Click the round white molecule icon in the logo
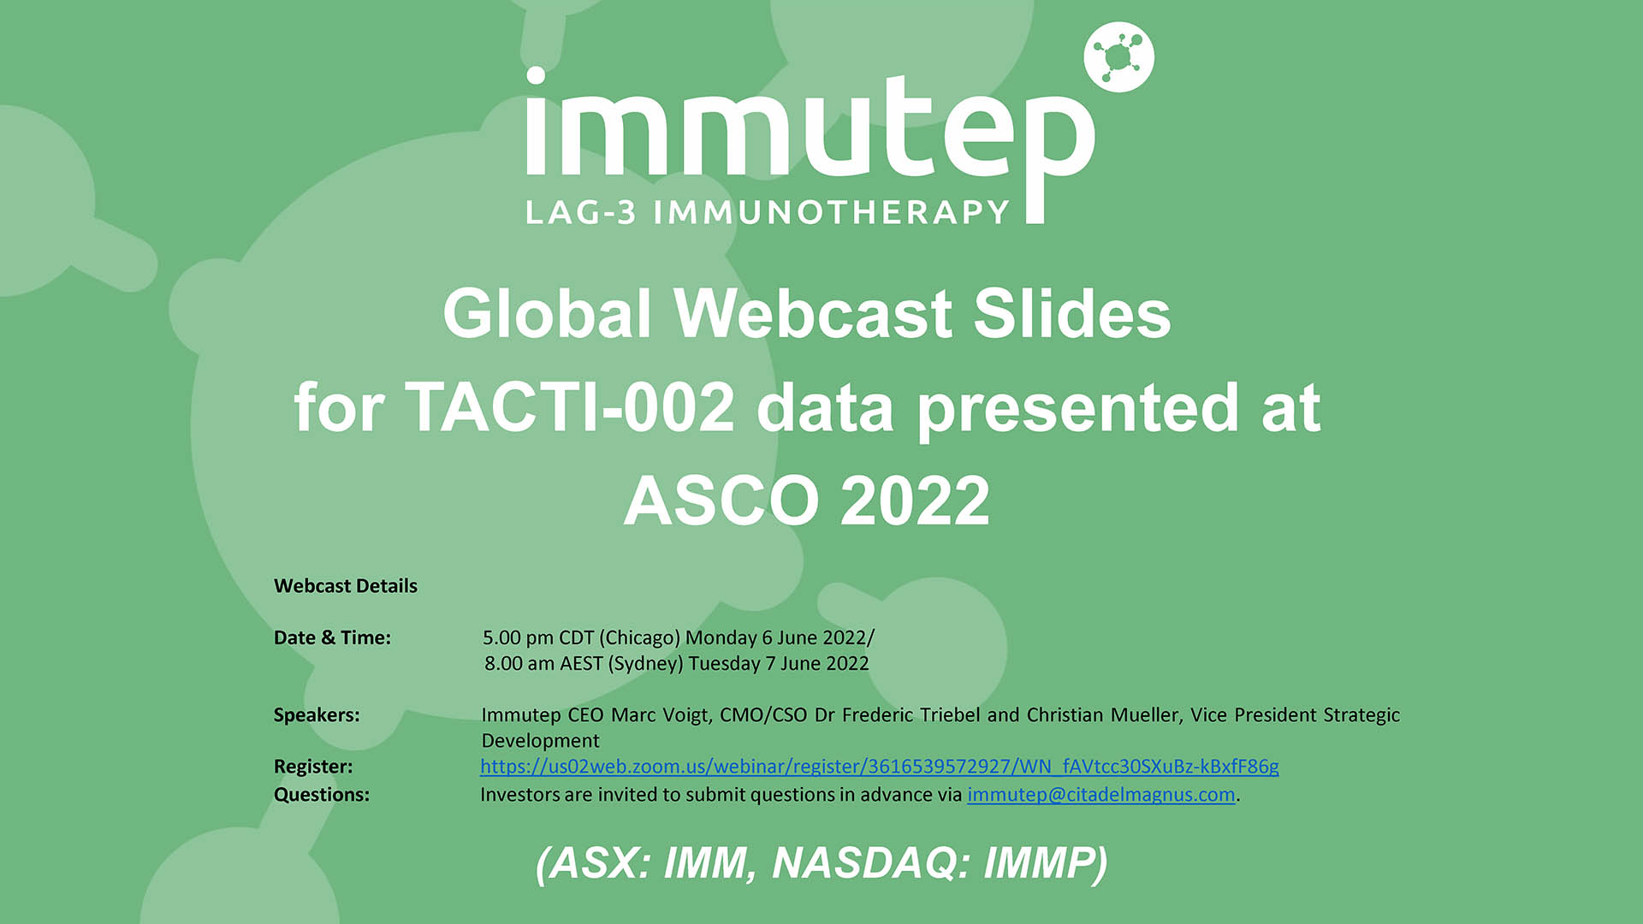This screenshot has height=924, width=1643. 1118,57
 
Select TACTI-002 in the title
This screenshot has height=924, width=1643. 570,407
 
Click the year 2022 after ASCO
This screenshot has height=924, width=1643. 916,500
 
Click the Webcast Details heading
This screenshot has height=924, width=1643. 346,586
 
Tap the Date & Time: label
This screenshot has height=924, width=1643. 332,637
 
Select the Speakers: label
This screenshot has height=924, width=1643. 317,715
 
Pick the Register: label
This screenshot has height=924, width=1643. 313,767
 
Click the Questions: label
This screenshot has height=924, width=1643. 322,795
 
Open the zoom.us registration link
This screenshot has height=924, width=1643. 880,767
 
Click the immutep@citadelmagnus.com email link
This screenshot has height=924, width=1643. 1101,795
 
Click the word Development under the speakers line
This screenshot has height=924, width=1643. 541,741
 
